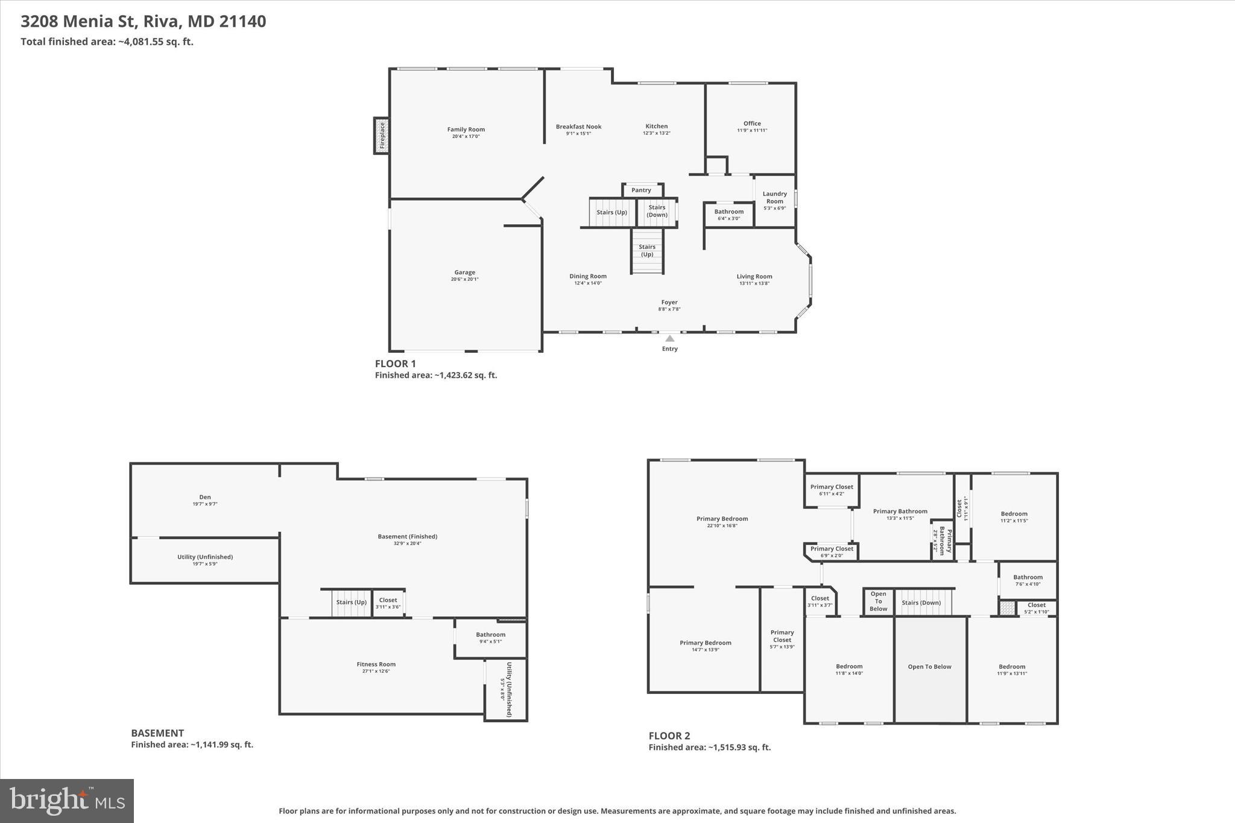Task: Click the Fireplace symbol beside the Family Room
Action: point(381,136)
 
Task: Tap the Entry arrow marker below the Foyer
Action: point(669,339)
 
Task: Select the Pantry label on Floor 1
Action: point(641,190)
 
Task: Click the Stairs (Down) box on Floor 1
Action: point(657,211)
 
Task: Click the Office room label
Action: point(752,124)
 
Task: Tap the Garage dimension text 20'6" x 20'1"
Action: point(464,280)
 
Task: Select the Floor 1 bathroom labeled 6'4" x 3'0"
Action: point(728,214)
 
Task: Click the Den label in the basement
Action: point(205,497)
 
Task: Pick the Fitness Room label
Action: point(376,664)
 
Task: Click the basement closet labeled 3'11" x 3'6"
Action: point(388,603)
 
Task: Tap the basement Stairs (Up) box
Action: point(351,602)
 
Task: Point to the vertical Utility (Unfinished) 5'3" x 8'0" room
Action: point(506,689)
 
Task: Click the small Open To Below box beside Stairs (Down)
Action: point(878,601)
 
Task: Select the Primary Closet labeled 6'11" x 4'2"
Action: point(832,490)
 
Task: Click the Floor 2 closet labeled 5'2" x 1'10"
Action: point(1036,608)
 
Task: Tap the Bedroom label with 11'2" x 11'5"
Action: point(1014,514)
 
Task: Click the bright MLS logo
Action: point(67,801)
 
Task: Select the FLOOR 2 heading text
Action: point(669,736)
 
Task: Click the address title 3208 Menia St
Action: point(143,21)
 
